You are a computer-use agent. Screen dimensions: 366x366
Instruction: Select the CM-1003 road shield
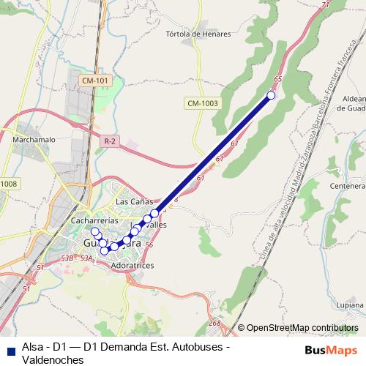click(x=203, y=103)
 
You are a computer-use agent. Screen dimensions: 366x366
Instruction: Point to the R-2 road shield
click(x=111, y=141)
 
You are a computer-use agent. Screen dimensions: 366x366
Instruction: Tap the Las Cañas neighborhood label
click(x=133, y=201)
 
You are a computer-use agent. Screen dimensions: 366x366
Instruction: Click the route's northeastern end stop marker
click(x=272, y=95)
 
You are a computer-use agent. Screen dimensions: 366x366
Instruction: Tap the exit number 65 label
click(x=277, y=79)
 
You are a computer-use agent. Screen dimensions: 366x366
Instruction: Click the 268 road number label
click(x=214, y=323)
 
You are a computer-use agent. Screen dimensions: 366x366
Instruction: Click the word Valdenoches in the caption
click(x=51, y=359)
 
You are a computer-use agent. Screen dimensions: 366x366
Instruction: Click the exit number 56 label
click(x=149, y=245)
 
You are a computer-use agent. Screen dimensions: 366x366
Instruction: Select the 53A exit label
click(x=87, y=257)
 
